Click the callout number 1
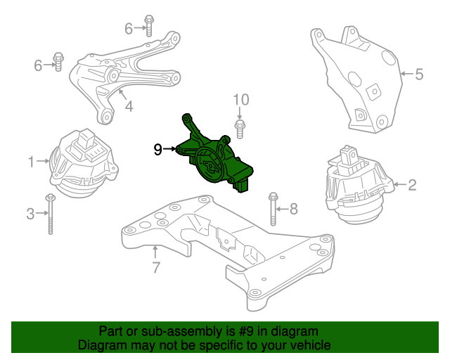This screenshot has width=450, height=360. pyautogui.click(x=31, y=162)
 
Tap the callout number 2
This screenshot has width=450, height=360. pyautogui.click(x=412, y=186)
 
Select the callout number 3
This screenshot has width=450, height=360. pyautogui.click(x=30, y=214)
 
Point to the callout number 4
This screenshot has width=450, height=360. pyautogui.click(x=129, y=107)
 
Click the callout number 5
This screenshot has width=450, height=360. pyautogui.click(x=419, y=73)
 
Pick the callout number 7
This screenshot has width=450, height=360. pyautogui.click(x=156, y=266)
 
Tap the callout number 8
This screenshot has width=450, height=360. pyautogui.click(x=294, y=208)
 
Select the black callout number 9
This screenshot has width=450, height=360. pyautogui.click(x=158, y=148)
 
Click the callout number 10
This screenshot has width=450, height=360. pyautogui.click(x=241, y=100)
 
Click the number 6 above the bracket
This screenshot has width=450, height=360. pyautogui.click(x=129, y=28)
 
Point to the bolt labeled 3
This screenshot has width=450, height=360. pyautogui.click(x=51, y=214)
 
